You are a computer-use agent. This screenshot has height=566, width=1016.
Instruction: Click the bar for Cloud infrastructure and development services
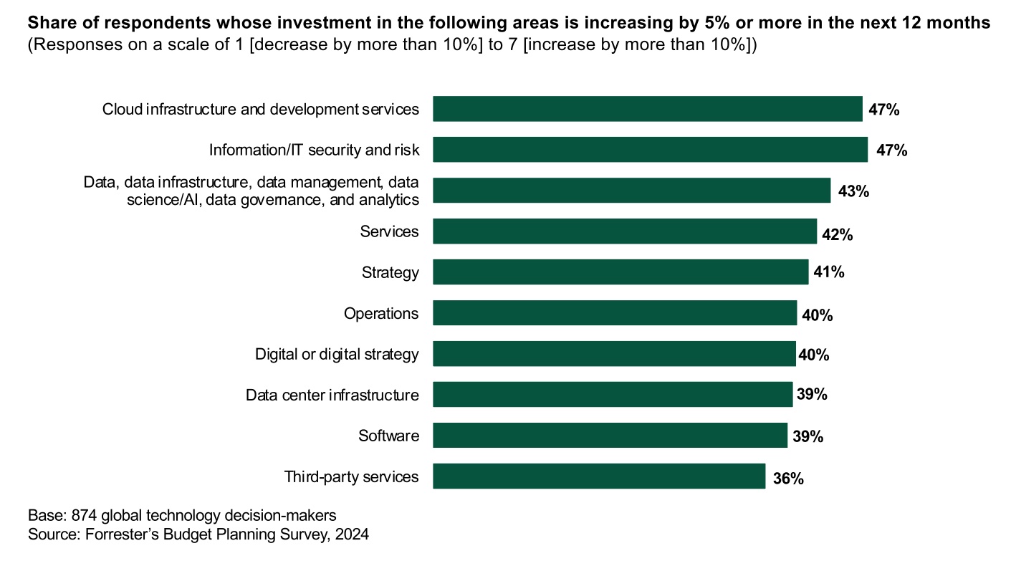click(647, 109)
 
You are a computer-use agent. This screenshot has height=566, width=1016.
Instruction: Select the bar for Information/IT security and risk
click(650, 150)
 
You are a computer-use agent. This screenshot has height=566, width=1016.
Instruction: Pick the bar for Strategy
click(620, 272)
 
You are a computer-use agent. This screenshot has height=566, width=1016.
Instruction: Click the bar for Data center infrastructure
click(613, 394)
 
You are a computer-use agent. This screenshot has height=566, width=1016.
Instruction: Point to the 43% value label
click(853, 191)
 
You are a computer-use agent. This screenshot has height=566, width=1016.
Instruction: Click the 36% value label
click(788, 478)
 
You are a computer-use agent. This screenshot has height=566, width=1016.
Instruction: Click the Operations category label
click(381, 314)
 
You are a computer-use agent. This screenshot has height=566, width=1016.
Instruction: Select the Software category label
click(388, 436)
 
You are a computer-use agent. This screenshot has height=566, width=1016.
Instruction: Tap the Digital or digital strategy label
click(337, 354)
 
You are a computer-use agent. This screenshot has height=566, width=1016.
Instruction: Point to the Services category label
click(389, 232)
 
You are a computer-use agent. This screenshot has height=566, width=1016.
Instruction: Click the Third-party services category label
click(351, 476)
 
